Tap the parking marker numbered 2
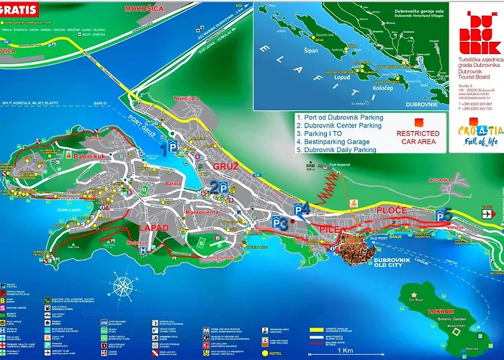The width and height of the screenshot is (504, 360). tap(219, 187)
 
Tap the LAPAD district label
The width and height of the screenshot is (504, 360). tap(154, 228)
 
